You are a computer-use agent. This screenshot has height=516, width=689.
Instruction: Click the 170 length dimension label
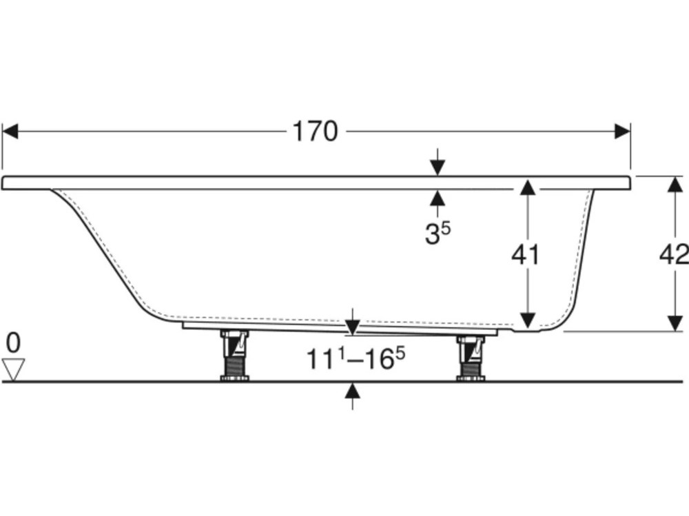(316, 131)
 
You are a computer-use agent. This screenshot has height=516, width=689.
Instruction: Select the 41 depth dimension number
(525, 255)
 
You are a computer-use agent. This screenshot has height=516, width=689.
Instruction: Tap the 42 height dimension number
(674, 255)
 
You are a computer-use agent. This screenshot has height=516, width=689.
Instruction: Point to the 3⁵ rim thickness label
(437, 234)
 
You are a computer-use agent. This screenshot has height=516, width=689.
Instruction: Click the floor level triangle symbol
(13, 369)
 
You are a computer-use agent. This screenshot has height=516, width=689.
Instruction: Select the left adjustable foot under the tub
(234, 355)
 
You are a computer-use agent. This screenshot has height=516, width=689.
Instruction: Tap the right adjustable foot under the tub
(471, 355)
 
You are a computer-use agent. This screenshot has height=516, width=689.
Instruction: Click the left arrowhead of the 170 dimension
(10, 131)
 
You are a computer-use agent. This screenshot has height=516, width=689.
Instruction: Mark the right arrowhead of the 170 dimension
(622, 131)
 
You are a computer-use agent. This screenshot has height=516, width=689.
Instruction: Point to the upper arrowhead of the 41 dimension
(527, 187)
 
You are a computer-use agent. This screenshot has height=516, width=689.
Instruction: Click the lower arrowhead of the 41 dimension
(527, 320)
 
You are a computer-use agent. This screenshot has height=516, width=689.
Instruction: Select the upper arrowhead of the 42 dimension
(675, 184)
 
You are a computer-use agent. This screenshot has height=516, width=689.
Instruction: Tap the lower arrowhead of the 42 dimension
(675, 323)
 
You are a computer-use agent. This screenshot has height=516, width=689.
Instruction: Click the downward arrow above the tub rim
(437, 167)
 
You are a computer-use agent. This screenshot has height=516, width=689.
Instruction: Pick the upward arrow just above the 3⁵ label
(437, 198)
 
